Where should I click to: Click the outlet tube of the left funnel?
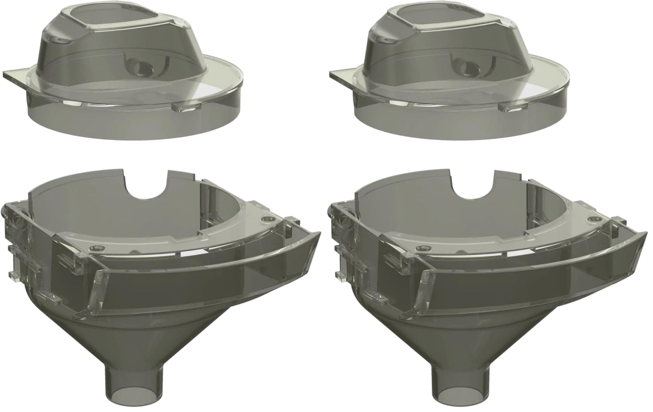[134, 385]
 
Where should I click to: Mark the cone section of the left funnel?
[136, 339]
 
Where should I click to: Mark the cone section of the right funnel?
[461, 339]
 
